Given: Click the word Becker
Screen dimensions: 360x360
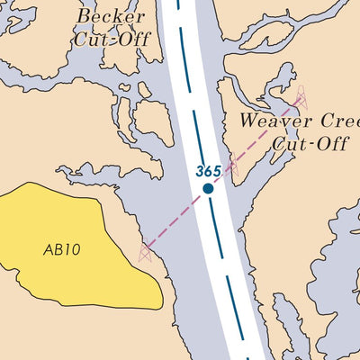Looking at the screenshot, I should click(111, 16).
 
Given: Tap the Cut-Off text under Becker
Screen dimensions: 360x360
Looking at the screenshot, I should click(112, 39).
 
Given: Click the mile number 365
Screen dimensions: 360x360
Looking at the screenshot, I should click(209, 171).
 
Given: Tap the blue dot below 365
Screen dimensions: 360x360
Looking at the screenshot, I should click(208, 188).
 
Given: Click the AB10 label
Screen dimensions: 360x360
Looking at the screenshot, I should click(61, 249).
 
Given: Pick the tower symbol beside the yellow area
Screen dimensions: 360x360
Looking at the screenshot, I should click(145, 251).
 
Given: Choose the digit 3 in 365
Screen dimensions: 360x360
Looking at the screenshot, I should click(201, 171).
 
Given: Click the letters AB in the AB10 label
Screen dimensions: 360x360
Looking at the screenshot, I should click(54, 249).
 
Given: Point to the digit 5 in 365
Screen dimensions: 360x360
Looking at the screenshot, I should click(217, 171).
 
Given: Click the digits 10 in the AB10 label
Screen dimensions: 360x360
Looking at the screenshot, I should click(72, 249).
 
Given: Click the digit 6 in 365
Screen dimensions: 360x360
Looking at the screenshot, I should click(209, 171).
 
